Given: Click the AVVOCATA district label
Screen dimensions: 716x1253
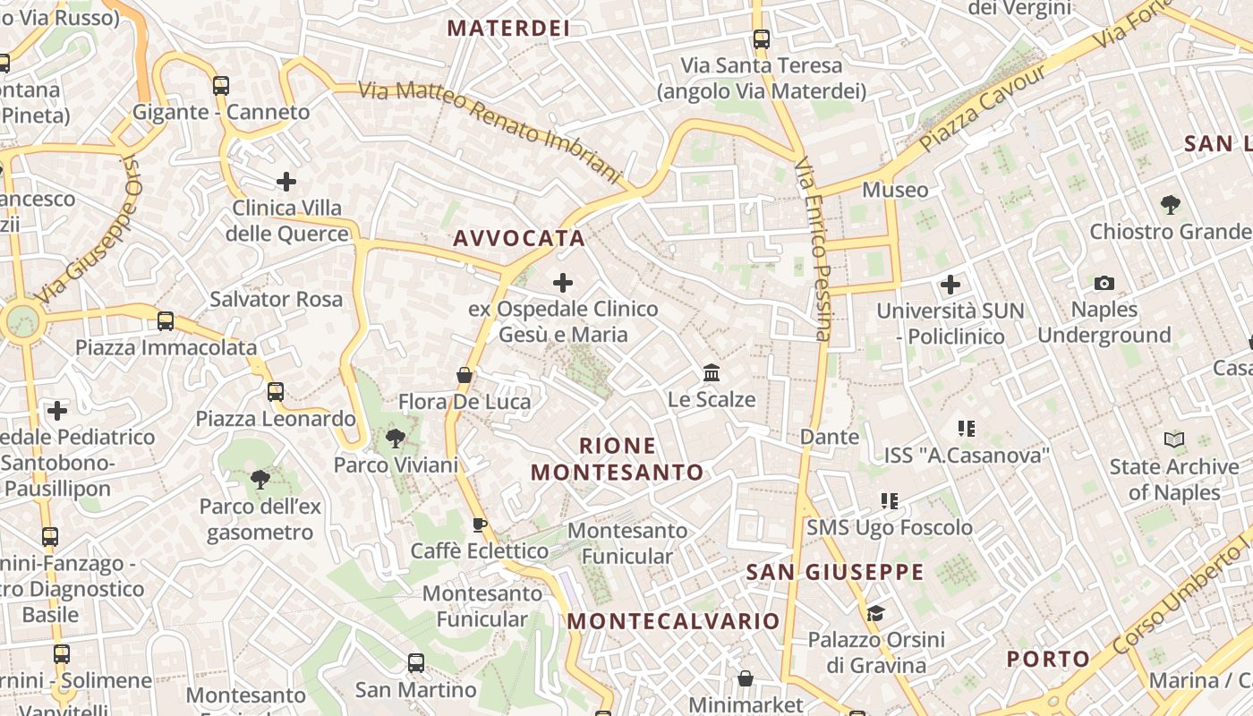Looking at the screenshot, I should click(519, 238).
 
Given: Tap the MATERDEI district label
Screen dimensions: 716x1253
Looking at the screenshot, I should click(508, 28).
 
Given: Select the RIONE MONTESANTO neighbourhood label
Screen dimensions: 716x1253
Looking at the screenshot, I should click(618, 458).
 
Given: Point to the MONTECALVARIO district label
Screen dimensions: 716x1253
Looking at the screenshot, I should click(674, 620).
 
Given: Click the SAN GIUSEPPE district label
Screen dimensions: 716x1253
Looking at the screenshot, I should click(835, 572).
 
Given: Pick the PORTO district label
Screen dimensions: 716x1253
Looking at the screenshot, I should click(1048, 660).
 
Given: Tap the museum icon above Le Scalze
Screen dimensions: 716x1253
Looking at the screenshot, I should click(712, 372).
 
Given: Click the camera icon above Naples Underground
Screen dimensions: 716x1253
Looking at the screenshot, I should click(1104, 283).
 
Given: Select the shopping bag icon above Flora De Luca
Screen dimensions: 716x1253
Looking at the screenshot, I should click(464, 374).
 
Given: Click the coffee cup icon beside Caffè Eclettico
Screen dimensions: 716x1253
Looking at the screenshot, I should click(480, 524).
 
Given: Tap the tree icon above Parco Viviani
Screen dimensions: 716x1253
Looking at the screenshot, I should click(395, 438).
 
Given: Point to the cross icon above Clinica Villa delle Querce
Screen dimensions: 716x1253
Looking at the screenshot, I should click(286, 182).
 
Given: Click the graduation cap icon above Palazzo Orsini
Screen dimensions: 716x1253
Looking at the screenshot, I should click(875, 613).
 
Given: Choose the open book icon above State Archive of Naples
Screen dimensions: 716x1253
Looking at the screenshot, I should click(1173, 439).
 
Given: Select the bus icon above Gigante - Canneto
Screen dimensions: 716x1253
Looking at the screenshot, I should click(220, 86).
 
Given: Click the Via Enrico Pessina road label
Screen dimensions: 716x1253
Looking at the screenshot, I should click(814, 251).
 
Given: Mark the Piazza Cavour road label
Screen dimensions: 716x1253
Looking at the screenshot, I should click(982, 108).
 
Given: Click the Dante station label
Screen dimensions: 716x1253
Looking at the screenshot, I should click(829, 437).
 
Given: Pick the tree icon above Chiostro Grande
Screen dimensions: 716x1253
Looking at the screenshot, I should click(1170, 205).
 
